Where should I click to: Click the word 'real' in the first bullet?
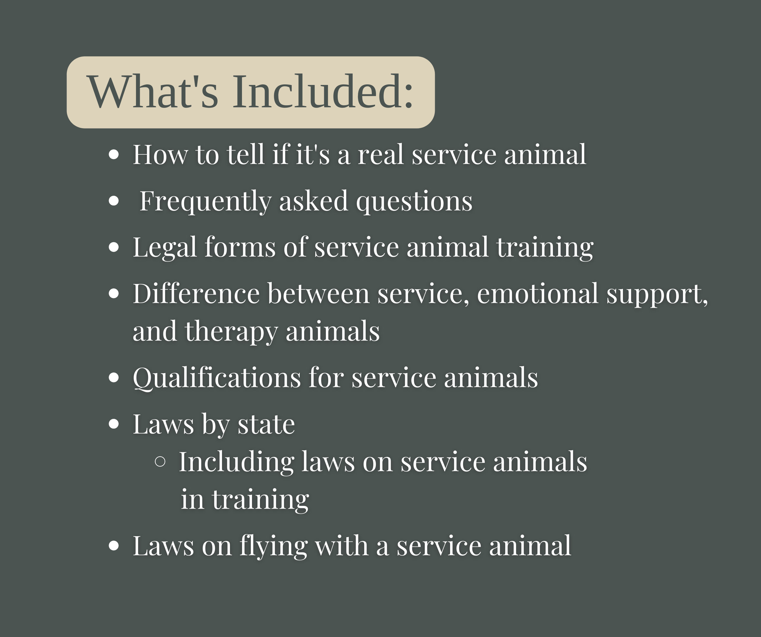point(380,155)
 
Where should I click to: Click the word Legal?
point(165,248)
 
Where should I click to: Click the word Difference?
point(196,294)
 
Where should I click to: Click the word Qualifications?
point(217,378)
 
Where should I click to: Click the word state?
point(266,424)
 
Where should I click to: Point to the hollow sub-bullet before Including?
point(160,462)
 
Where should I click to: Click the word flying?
point(273,546)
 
